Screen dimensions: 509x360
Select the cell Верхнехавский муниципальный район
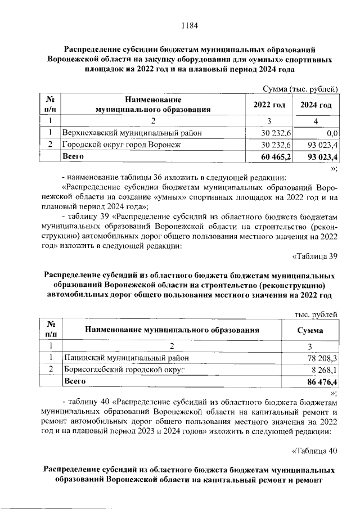click(x=132, y=133)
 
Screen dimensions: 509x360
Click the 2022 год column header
click(x=269, y=105)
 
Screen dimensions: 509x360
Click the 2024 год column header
click(x=316, y=105)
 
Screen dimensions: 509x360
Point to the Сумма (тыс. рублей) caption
click(x=300, y=88)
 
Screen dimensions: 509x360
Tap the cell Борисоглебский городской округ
click(x=124, y=369)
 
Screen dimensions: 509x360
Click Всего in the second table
click(x=75, y=381)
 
